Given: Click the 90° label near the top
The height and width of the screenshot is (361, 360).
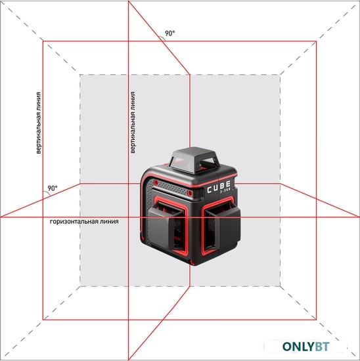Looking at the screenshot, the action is tap(170, 33).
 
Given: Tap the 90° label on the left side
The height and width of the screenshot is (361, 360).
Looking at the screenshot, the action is tap(53, 188).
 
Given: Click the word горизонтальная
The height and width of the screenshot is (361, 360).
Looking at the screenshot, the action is tap(74, 221).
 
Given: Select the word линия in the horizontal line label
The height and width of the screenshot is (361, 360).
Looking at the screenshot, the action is tap(110, 221).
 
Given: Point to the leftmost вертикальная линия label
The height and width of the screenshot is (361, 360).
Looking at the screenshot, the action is tap(39, 123).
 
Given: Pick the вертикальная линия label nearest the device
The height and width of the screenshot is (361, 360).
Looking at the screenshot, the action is tap(133, 123).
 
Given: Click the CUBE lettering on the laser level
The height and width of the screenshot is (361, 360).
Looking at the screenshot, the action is tap(219, 187).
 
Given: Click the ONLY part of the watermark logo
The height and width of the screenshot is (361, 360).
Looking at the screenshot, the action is tap(298, 347).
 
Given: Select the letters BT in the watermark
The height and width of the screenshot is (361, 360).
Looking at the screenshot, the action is tap(322, 347).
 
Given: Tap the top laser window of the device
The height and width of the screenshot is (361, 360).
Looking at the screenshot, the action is tap(194, 161).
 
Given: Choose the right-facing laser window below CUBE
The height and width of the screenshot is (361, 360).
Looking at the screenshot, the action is tap(222, 226).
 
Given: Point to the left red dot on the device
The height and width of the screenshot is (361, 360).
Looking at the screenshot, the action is tap(156, 183).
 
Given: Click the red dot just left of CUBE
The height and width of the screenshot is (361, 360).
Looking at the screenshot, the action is tap(190, 193).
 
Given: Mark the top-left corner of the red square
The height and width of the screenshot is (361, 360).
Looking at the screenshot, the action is tap(43, 41).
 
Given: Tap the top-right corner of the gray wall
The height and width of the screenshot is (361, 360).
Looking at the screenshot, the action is tap(281, 75).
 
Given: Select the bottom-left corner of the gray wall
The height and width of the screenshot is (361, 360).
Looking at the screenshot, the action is tap(80, 286).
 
